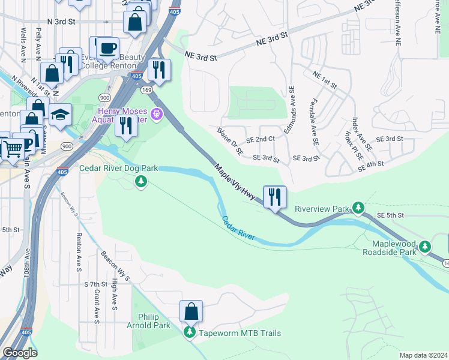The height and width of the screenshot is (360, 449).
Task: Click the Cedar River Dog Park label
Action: click(118, 169)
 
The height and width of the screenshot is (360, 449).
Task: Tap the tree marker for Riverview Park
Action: click(358, 208)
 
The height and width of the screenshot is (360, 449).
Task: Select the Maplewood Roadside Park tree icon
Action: click(425, 246)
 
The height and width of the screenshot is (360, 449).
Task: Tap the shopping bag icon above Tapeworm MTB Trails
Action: click(191, 311)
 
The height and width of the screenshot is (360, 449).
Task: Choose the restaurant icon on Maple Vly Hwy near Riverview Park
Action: click(275, 196)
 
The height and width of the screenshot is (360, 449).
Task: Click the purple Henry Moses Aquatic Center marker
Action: click(158, 112)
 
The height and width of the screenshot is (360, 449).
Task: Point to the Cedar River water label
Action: click(238, 229)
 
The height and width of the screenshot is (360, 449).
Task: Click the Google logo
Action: click(20, 353)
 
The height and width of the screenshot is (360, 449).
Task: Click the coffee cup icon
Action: click(107, 47)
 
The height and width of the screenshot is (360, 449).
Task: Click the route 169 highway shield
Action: click(149, 89)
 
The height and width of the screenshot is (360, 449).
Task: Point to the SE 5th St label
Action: click(391, 215)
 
